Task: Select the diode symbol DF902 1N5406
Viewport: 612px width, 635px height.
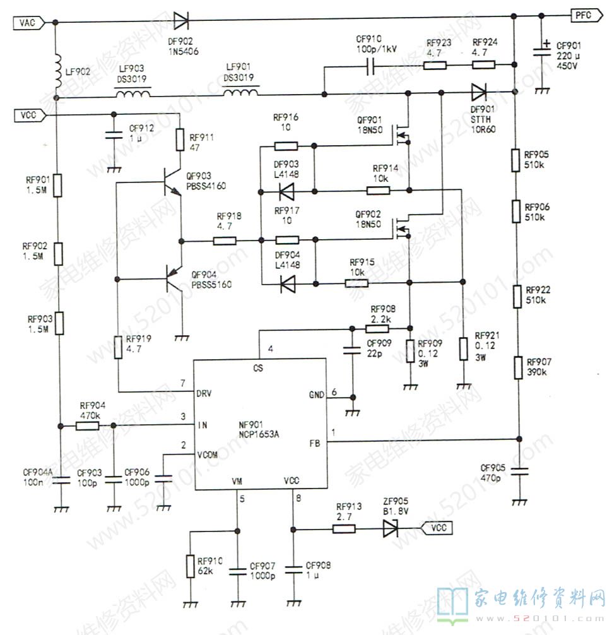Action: [x=182, y=22]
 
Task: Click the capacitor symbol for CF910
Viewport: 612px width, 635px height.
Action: [x=372, y=65]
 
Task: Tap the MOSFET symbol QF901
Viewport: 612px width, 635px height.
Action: [x=401, y=133]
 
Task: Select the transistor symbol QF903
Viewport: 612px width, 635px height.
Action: [x=172, y=182]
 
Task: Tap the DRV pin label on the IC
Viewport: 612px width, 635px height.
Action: [x=204, y=392]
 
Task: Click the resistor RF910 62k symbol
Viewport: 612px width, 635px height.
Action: [x=190, y=566]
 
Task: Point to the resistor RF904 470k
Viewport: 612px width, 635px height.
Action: [x=88, y=426]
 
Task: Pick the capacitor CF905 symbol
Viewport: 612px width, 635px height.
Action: [x=519, y=470]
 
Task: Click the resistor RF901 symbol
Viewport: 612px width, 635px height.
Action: [x=57, y=186]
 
